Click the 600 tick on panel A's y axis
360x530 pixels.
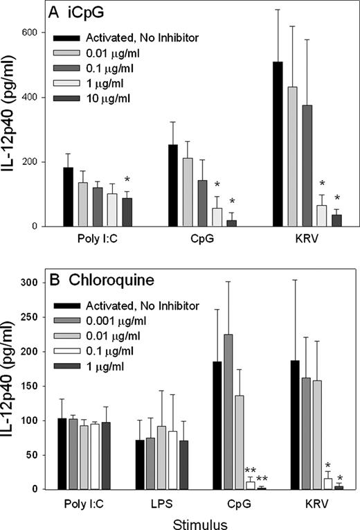(x=33, y=33)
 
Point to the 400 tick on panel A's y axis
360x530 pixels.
(x=33, y=97)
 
